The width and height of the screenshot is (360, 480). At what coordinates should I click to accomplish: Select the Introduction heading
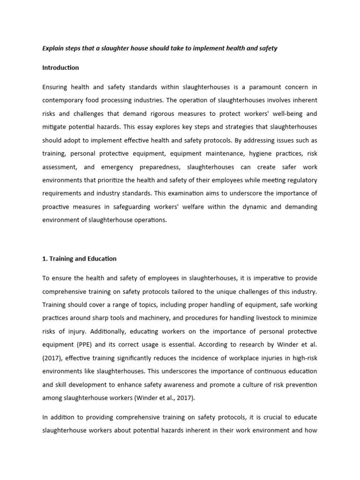tap(60, 67)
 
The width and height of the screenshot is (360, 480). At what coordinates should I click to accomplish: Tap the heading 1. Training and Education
tap(79, 258)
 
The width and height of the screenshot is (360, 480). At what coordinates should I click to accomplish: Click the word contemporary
tap(64, 100)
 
